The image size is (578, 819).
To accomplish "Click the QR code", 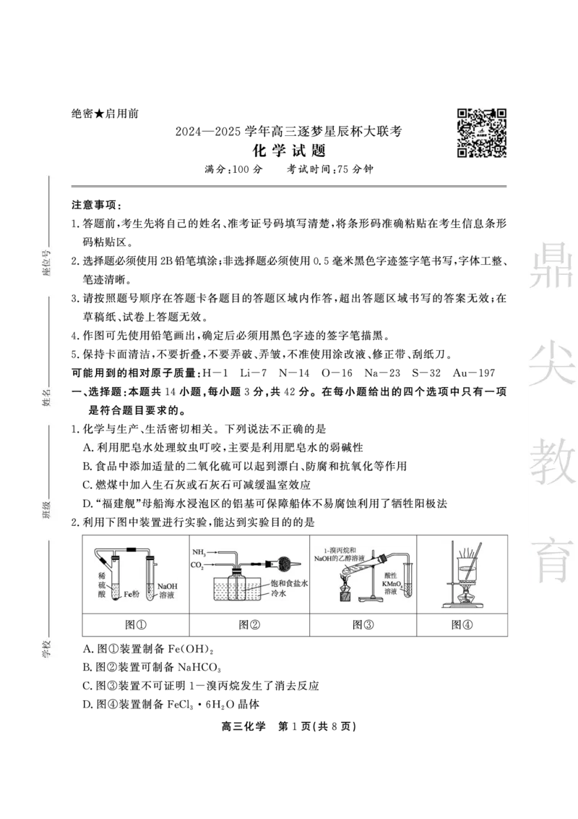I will tap(480, 132).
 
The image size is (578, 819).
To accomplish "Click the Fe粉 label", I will tap(131, 594).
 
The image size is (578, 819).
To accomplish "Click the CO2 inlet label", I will tap(199, 565).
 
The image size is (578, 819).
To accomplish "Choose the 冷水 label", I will tap(279, 593).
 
